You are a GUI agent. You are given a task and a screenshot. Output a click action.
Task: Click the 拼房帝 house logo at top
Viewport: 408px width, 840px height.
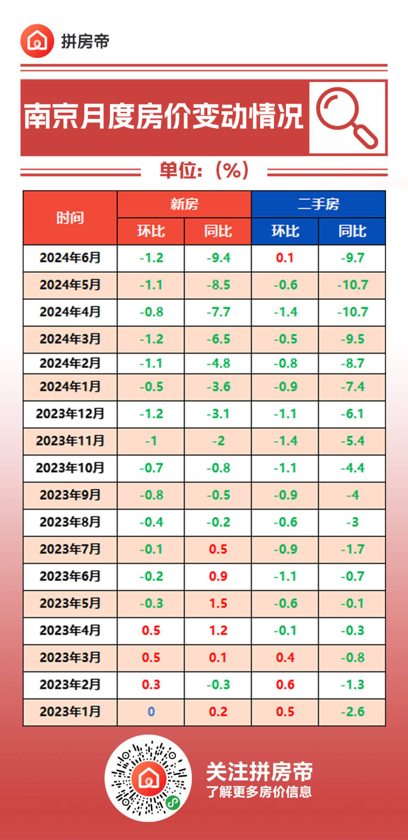point(37,41)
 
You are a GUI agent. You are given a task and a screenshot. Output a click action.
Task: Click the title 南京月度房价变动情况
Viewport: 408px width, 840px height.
point(164,117)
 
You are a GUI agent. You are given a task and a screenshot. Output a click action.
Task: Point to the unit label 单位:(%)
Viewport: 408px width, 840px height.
point(205,171)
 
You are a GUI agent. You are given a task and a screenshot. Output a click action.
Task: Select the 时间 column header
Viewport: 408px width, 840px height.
point(70,218)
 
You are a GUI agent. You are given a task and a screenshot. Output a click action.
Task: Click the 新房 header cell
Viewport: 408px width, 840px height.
point(184,204)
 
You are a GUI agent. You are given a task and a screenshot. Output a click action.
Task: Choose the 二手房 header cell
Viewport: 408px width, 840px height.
point(318,204)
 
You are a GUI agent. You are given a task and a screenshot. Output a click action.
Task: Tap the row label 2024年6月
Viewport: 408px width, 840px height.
point(70,257)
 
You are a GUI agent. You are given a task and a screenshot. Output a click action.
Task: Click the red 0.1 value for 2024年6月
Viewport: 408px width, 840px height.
point(284,258)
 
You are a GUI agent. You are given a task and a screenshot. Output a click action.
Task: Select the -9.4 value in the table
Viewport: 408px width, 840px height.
point(218,258)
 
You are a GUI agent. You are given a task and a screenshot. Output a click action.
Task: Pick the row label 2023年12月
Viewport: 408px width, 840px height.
point(70,414)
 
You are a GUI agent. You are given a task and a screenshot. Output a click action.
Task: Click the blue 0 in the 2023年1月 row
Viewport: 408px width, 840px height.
point(151,712)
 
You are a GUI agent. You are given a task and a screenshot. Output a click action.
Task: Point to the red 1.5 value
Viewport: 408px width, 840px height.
point(218,603)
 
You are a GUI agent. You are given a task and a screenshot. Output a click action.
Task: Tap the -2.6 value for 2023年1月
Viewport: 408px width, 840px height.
point(352,712)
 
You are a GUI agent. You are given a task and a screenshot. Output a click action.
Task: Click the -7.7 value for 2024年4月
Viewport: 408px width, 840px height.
point(218,312)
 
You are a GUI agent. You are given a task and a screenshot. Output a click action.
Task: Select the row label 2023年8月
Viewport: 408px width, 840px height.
point(70,522)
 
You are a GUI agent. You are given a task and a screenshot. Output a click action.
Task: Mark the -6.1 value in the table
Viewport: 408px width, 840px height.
point(352,414)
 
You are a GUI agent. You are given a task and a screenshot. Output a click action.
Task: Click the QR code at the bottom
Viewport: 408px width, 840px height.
point(148,778)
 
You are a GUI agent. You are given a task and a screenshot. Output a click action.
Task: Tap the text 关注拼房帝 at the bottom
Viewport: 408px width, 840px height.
point(259,771)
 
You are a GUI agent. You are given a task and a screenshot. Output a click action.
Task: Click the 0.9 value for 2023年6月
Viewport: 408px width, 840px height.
point(218,576)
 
